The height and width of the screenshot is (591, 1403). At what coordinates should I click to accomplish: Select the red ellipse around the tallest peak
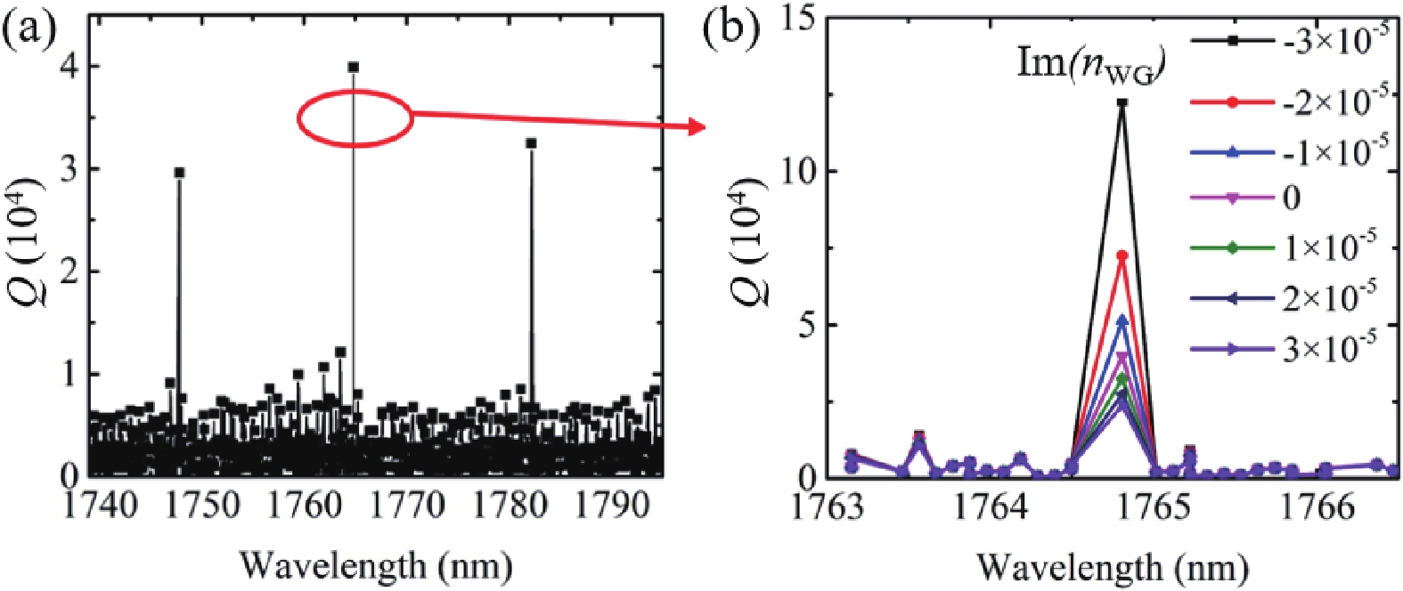[x=354, y=117]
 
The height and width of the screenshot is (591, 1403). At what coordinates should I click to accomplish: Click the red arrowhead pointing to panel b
[x=697, y=128]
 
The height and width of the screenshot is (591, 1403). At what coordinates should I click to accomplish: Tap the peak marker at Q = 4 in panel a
[x=354, y=67]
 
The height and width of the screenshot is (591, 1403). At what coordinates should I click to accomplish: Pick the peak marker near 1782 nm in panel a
[x=532, y=143]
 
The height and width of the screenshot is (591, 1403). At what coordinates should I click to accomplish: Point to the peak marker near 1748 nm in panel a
[x=179, y=173]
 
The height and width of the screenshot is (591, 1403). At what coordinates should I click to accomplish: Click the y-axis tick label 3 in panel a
[x=69, y=169]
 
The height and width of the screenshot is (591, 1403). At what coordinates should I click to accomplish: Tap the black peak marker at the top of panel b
[x=1122, y=103]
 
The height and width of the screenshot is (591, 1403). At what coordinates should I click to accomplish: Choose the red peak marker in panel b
[x=1122, y=255]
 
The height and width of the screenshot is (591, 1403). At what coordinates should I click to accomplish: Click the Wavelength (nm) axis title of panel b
[x=1113, y=567]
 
